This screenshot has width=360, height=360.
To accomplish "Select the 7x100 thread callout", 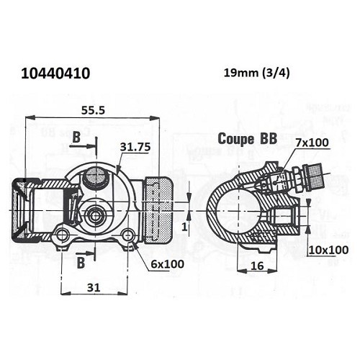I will [312, 142].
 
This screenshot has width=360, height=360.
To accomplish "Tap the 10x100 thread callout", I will [327, 249].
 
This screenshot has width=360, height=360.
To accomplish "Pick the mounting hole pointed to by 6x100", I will [128, 235].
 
